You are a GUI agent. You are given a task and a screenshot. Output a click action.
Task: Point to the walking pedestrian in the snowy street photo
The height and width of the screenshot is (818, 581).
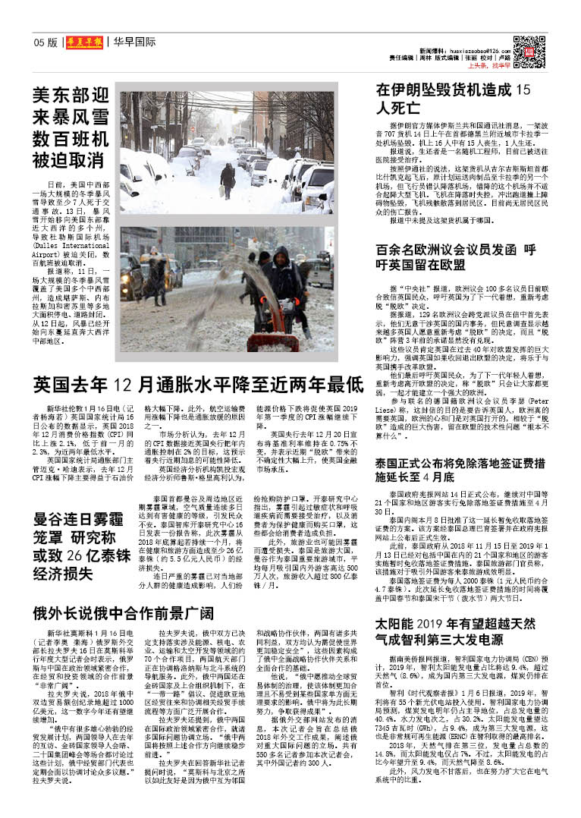click(x=227, y=179)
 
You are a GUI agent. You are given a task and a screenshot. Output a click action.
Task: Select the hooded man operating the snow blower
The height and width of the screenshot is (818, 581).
click(x=285, y=285)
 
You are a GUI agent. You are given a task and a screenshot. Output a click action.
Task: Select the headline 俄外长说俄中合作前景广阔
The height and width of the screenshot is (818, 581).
click(x=121, y=612)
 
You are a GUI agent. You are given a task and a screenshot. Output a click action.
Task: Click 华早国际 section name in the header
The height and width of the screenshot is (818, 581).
click(x=134, y=42)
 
